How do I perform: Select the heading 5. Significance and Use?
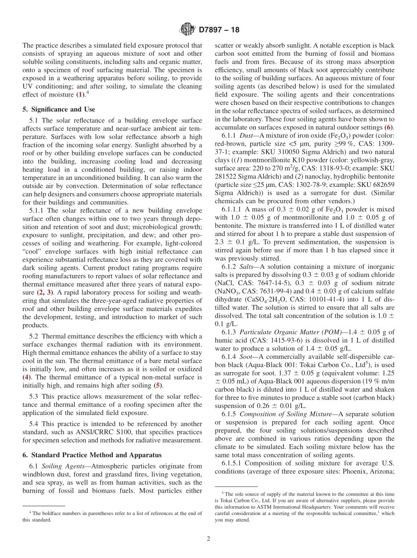click(x=59, y=109)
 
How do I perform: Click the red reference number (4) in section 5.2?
click(x=27, y=376)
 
